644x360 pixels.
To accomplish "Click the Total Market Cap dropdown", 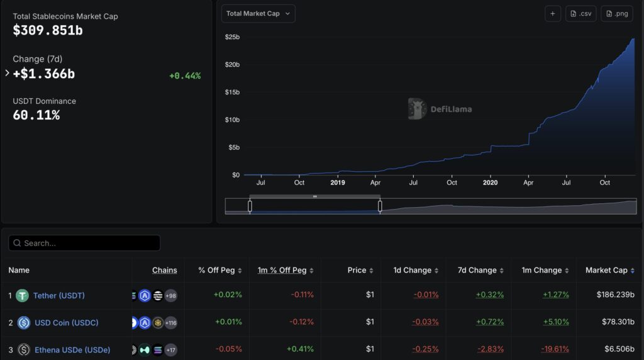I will click(x=258, y=14).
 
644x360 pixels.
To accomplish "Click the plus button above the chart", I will click(x=553, y=14).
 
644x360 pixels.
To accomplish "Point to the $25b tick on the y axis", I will click(x=232, y=37).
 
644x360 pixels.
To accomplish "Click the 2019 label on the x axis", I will click(x=338, y=183).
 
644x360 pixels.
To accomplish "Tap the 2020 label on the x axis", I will click(x=490, y=183).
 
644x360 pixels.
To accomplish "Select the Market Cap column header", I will click(x=606, y=270).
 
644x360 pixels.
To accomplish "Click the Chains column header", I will click(x=164, y=270).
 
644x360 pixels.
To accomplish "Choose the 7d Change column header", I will click(x=478, y=270).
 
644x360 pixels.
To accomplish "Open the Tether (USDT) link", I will click(x=59, y=295).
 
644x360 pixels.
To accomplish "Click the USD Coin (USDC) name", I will click(x=66, y=322).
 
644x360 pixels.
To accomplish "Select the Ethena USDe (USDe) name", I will click(x=72, y=349).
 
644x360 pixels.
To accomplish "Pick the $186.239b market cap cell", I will click(x=614, y=295).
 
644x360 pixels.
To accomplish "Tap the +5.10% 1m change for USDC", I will click(x=556, y=322).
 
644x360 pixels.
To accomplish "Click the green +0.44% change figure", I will click(x=185, y=76).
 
